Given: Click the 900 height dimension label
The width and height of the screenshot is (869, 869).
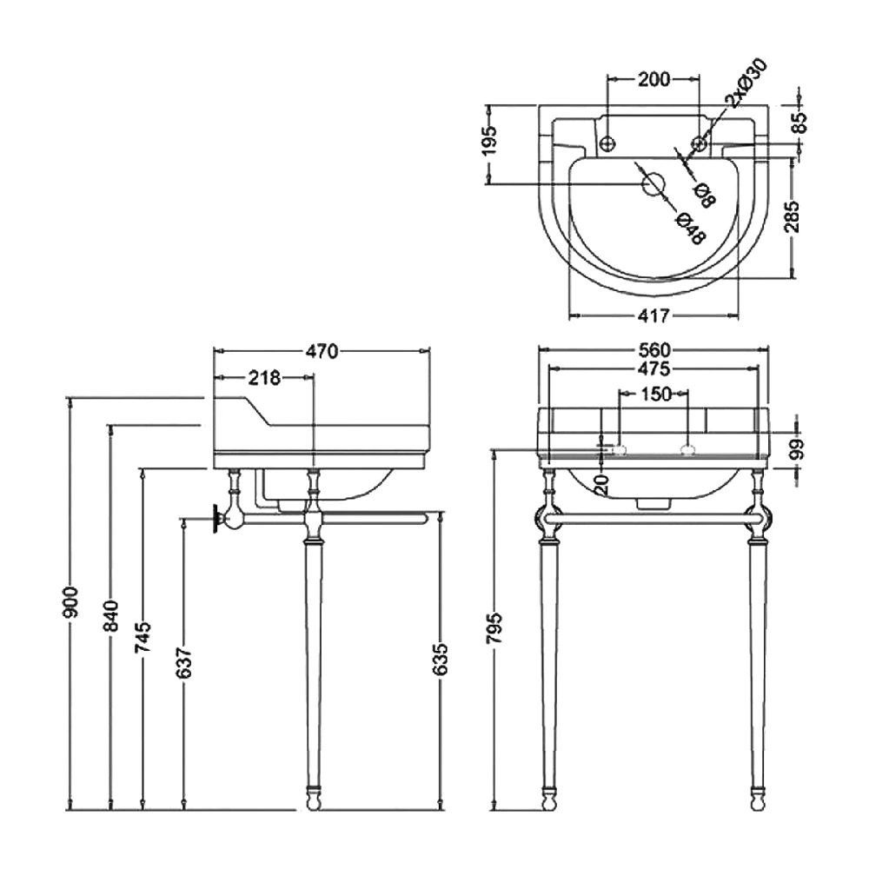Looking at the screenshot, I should [71, 602].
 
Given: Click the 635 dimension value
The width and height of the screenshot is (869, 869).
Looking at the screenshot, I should [441, 660].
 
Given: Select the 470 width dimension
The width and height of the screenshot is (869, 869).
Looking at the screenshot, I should [322, 351].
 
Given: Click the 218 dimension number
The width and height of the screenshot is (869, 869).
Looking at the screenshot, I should [265, 377].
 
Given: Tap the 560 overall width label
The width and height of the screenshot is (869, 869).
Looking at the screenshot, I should [653, 350].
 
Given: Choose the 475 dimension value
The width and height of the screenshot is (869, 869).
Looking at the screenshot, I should [653, 368].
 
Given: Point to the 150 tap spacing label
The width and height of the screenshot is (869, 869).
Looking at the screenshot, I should [655, 395].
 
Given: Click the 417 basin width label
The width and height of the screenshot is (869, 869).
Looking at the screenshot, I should [653, 314].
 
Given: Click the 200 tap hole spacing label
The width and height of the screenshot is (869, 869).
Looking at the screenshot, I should [653, 80].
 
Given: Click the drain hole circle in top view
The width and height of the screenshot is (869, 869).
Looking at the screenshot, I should [652, 184].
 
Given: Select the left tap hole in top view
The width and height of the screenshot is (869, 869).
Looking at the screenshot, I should [607, 142].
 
